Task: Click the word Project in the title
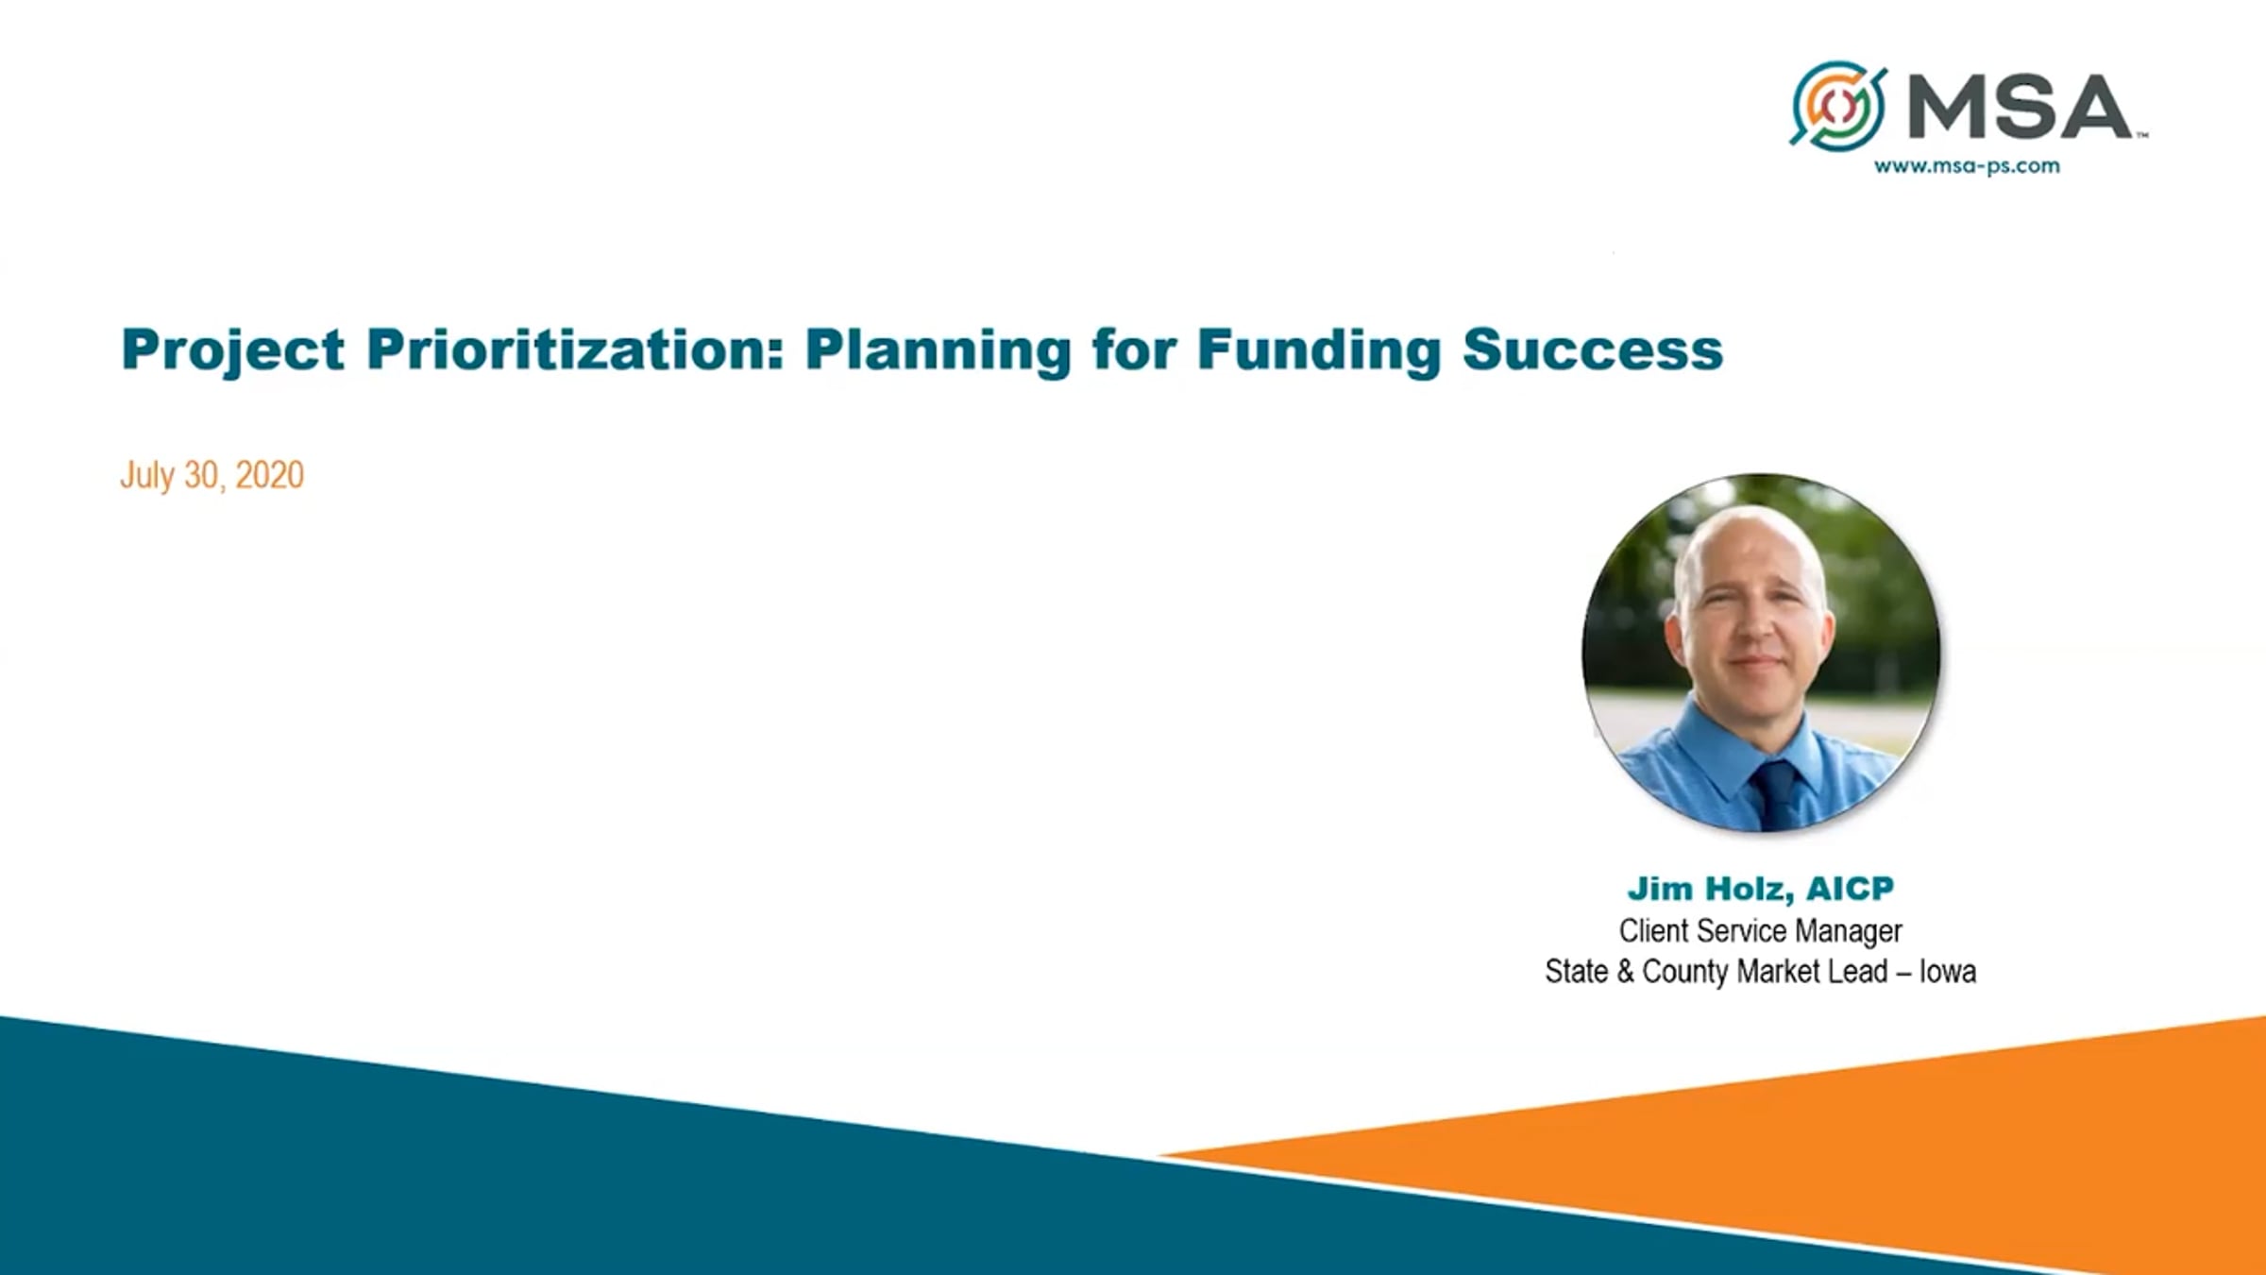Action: coord(233,351)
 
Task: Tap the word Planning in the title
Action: coord(938,351)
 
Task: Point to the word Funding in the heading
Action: coord(1319,351)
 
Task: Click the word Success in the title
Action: coord(1593,349)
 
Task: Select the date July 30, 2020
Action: coord(211,475)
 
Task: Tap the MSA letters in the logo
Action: coord(2020,107)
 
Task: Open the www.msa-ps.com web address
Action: coord(1967,166)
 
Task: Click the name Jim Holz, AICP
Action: coord(1761,889)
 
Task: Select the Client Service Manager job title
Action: coord(1761,931)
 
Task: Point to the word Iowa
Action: coord(1948,971)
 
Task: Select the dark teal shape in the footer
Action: coord(661,1181)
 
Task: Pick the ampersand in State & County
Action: coord(1625,972)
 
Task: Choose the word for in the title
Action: coord(1135,349)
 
